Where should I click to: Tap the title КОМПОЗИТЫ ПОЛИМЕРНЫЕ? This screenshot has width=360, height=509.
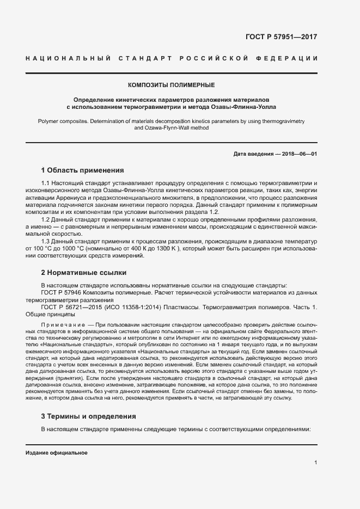171,85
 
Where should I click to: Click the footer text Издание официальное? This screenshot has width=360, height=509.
56,453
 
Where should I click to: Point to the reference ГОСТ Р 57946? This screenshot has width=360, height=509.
62,292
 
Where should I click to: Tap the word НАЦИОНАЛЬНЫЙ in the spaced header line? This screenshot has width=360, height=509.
69,58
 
